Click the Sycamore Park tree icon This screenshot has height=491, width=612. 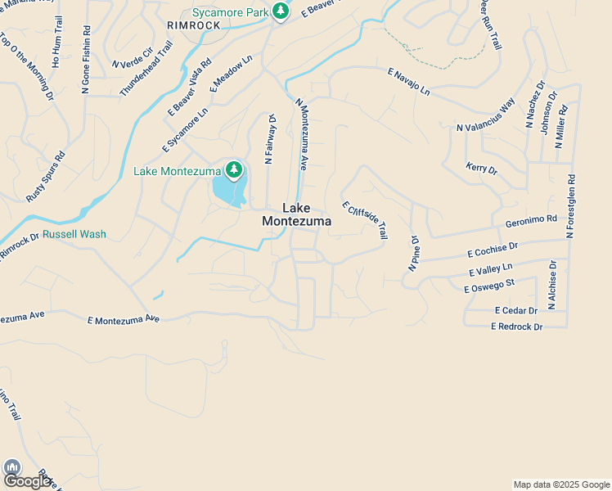coord(281,11)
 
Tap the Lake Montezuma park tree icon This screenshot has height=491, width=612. coord(235,170)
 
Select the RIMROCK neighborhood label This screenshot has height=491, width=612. coord(193,25)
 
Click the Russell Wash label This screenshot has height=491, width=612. coord(74,234)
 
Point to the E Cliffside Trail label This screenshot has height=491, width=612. coord(363,220)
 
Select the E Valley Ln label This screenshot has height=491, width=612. coord(490,270)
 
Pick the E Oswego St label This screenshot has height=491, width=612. coord(488,286)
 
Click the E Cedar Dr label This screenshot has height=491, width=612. coord(515,311)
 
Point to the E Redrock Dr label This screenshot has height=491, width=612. coord(516,327)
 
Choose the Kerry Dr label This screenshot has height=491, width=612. coord(481,169)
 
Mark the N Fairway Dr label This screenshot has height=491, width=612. coord(270,140)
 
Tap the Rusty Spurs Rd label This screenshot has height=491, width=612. coord(45,176)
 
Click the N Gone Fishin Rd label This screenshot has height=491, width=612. coord(85,60)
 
